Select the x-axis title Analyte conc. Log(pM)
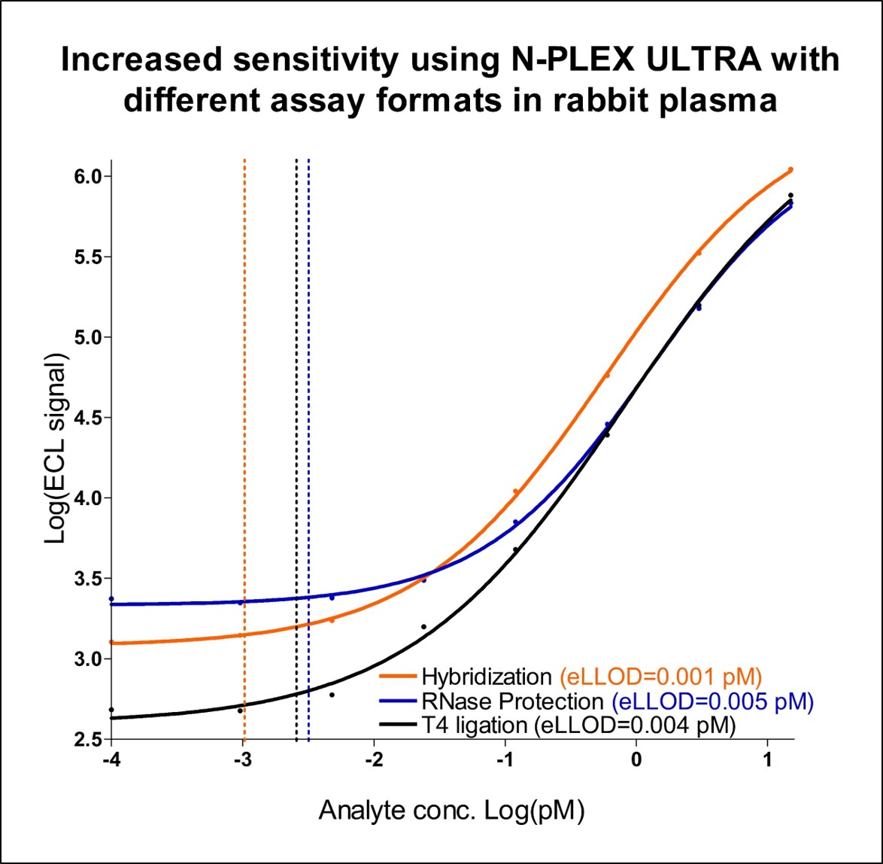click(x=453, y=811)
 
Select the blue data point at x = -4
click(x=111, y=599)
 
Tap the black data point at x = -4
click(x=111, y=710)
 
